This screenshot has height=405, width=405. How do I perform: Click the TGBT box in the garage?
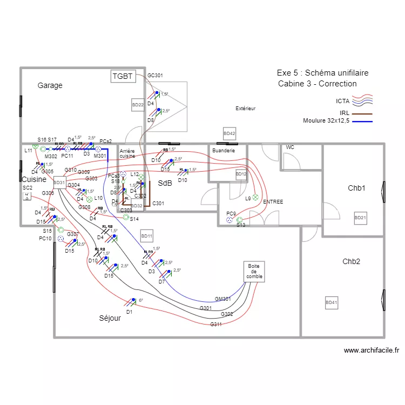tap(122, 76)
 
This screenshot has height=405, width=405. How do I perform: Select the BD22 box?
tap(138, 105)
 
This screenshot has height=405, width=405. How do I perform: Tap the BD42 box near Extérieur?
tap(230, 133)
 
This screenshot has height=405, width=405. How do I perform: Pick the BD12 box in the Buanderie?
tap(241, 174)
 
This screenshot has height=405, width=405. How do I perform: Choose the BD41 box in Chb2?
tap(331, 303)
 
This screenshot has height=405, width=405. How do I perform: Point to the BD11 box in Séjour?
tap(146, 236)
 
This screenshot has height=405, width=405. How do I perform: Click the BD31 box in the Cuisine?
tap(59, 183)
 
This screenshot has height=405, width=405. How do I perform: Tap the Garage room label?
tap(50, 85)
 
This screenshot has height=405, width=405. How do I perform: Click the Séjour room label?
tap(110, 318)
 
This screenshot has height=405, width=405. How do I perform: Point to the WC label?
tap(290, 147)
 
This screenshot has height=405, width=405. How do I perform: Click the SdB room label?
tap(165, 184)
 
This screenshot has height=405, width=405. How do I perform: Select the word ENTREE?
tap(273, 201)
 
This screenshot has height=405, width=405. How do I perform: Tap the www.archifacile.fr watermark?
tap(372, 350)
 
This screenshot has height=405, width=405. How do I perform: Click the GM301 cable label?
tap(222, 299)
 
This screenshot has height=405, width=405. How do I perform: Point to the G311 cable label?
tap(216, 324)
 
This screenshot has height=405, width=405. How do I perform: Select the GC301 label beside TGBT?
tap(155, 76)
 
